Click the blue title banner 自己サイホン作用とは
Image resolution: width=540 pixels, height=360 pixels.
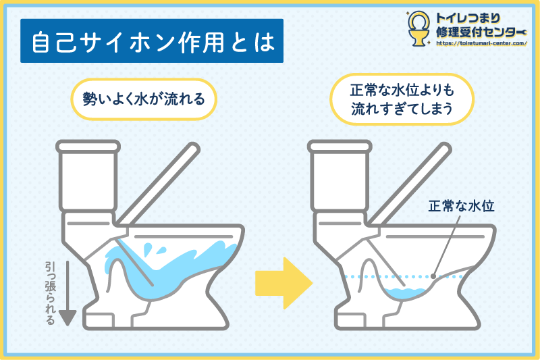[152, 41]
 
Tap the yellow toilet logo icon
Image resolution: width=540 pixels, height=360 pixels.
[418, 28]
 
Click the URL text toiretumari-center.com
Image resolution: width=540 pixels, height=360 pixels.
[481, 43]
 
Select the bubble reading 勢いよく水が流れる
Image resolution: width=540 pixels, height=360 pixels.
[144, 99]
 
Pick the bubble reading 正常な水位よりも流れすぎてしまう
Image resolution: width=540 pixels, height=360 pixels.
[402, 99]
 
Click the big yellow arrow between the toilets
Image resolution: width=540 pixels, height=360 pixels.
[283, 283]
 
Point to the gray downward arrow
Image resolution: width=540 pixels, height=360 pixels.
[67, 293]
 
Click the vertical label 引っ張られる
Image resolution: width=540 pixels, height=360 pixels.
[50, 293]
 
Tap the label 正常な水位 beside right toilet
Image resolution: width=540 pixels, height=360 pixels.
[462, 205]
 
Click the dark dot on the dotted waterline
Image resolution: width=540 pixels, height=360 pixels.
[433, 276]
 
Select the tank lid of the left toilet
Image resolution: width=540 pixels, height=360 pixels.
[88, 146]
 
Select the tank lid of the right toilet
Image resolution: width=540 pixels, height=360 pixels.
[340, 146]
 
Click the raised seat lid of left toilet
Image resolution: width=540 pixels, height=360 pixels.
[158, 184]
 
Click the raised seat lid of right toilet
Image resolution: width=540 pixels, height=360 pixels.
[410, 184]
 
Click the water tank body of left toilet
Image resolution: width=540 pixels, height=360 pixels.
[88, 182]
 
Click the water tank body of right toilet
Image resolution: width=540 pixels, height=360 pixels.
[340, 182]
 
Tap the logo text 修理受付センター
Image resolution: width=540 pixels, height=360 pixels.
[481, 32]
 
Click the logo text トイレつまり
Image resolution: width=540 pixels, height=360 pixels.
[468, 18]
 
